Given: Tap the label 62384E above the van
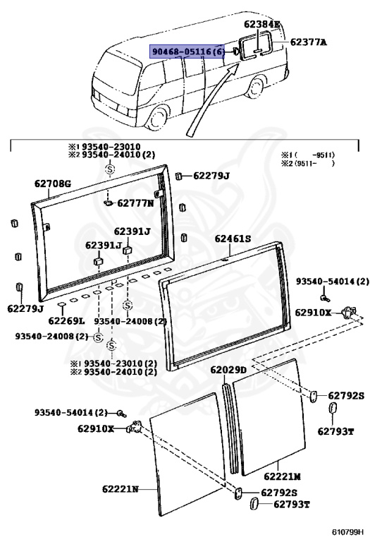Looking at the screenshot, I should point(261,24).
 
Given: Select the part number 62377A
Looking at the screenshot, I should point(308,42).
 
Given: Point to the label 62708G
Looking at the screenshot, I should point(53,184).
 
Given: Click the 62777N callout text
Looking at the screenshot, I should point(135,203).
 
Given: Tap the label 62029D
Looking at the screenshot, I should point(228,370).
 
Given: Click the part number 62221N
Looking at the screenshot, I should point(120,488).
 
